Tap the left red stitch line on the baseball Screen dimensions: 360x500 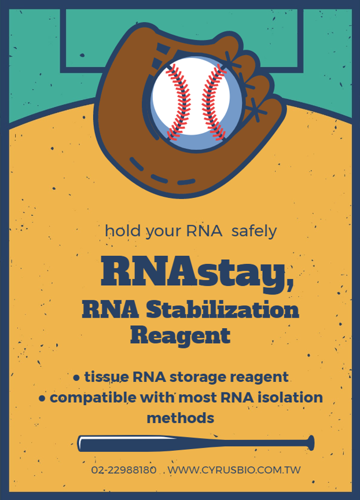[x=178, y=101]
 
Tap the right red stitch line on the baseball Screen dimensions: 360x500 [x=214, y=101]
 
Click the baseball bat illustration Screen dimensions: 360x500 [x=196, y=443]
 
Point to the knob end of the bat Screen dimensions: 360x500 [x=310, y=443]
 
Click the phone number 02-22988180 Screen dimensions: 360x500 [x=124, y=470]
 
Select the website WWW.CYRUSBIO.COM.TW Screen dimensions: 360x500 [x=234, y=470]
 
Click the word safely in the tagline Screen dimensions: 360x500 [x=254, y=231]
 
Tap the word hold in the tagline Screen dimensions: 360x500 [x=123, y=230]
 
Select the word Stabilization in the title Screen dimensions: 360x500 [x=223, y=310]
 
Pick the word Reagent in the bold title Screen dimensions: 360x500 [x=180, y=336]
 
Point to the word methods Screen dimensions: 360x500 [x=180, y=418]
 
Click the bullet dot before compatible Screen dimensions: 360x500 [x=42, y=399]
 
